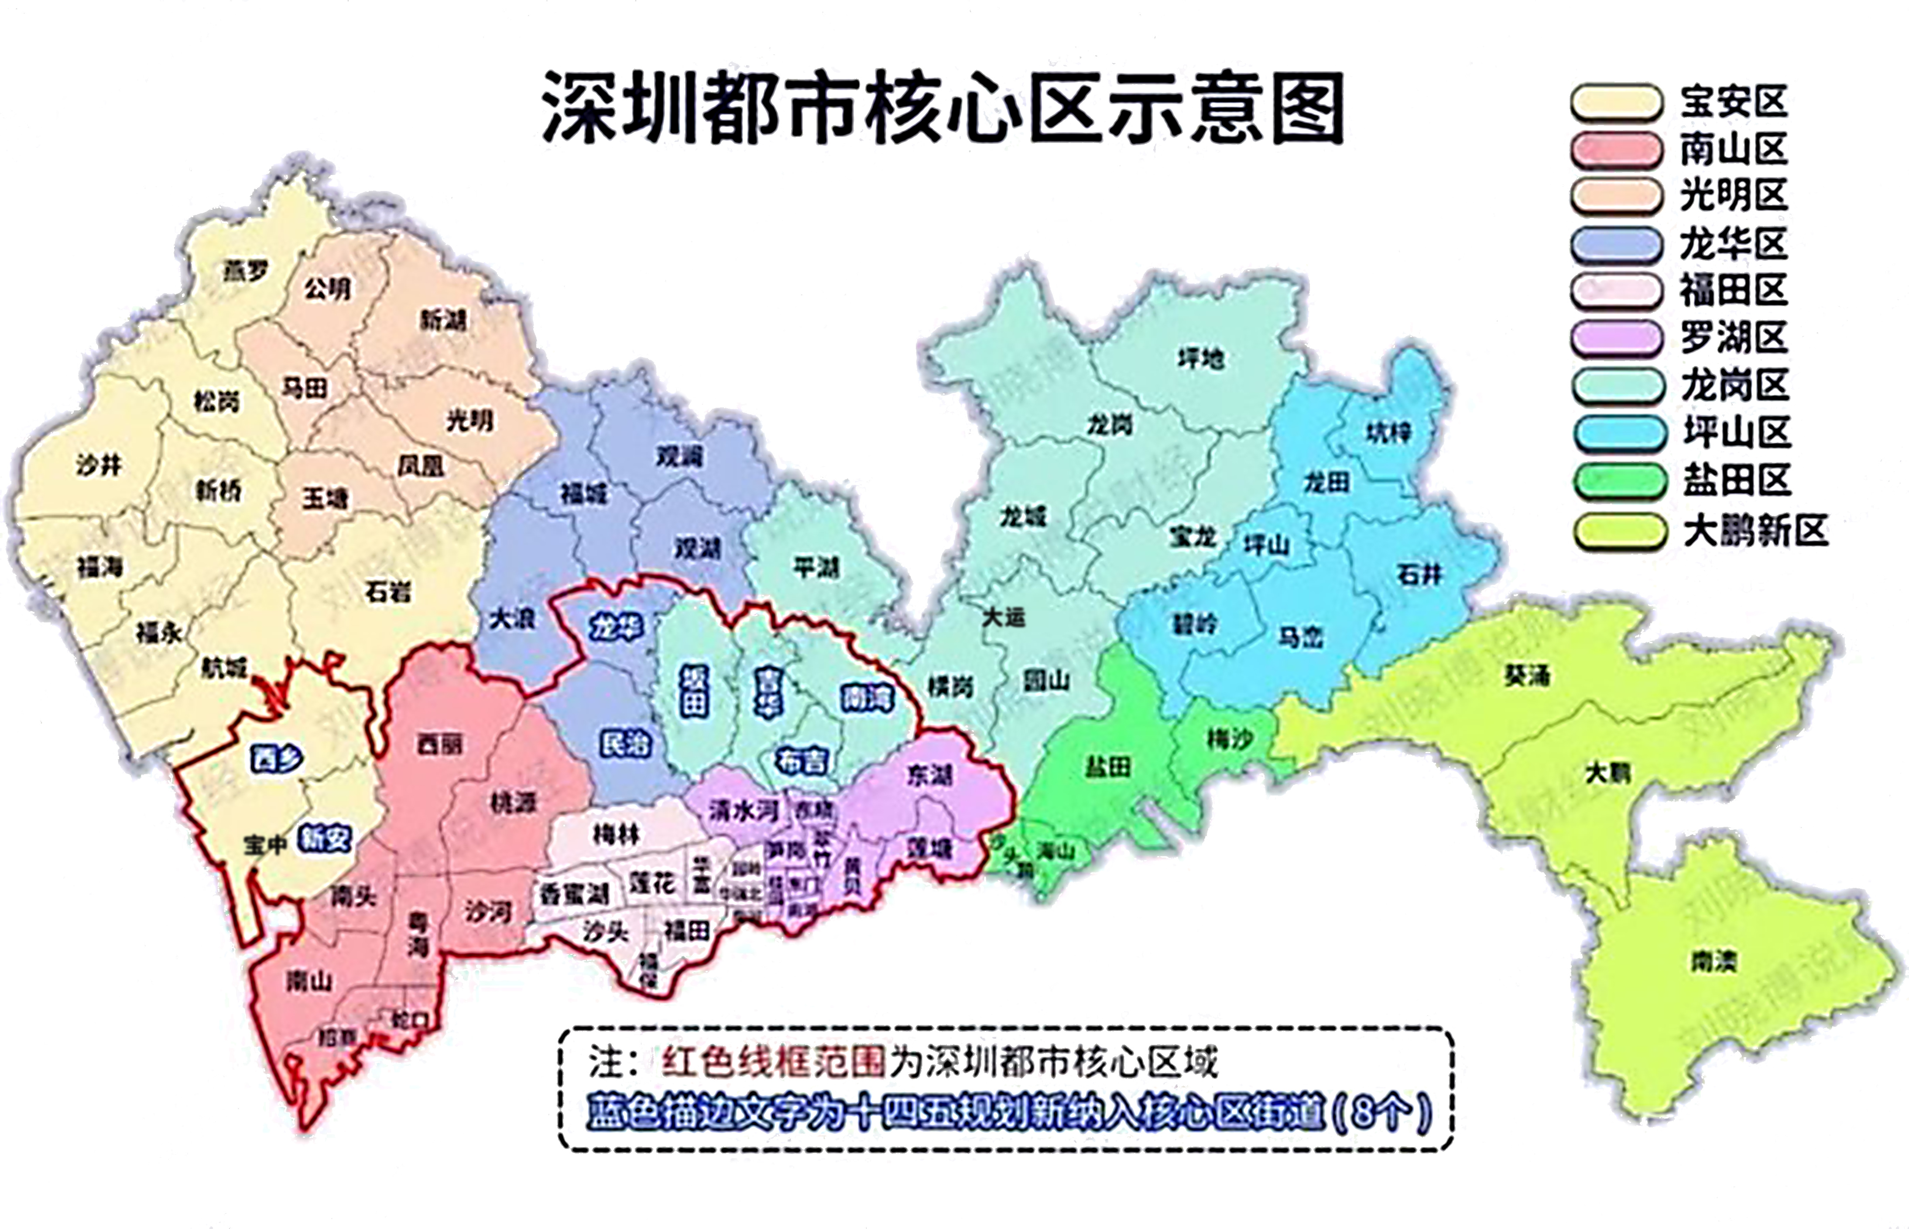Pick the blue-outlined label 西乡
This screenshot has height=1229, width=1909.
click(x=276, y=758)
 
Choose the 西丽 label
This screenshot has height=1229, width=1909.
click(x=439, y=744)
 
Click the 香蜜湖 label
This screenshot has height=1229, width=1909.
click(x=575, y=894)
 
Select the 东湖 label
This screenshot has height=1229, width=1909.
click(x=929, y=774)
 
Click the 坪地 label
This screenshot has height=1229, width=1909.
click(x=1201, y=358)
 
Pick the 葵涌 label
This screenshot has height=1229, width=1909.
click(x=1527, y=675)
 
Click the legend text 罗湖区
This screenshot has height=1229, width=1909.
click(x=1733, y=338)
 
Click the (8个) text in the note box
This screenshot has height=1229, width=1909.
click(x=1382, y=1112)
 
